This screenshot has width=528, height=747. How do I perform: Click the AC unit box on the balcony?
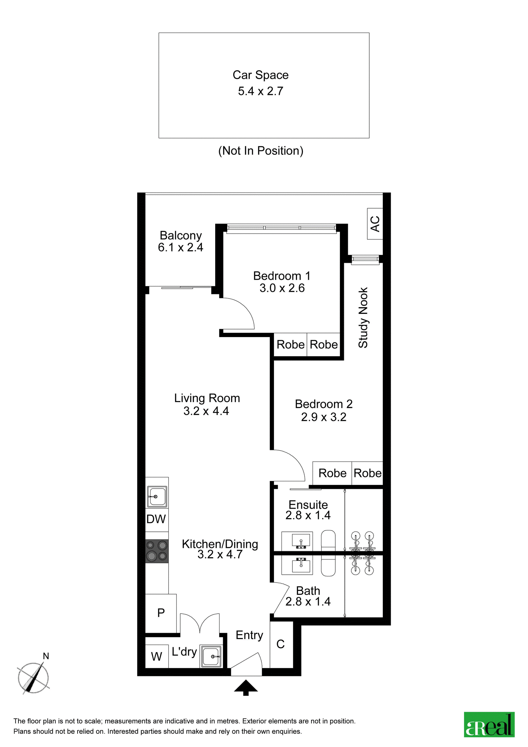click(375, 223)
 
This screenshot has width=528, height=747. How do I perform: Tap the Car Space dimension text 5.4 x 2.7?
click(260, 91)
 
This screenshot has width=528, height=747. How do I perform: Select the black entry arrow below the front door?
click(246, 688)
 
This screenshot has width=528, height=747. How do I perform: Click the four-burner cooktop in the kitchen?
click(157, 551)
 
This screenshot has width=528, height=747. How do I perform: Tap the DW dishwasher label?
click(156, 519)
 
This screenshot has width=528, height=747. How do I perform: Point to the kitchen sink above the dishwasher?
click(157, 496)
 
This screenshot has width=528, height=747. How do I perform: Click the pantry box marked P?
click(161, 613)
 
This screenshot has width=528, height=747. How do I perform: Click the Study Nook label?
click(363, 318)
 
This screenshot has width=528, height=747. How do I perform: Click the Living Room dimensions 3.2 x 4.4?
click(206, 411)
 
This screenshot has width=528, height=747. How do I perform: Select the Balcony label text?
click(181, 236)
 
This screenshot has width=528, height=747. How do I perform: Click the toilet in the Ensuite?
click(328, 540)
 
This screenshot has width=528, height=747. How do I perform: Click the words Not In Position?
click(261, 151)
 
